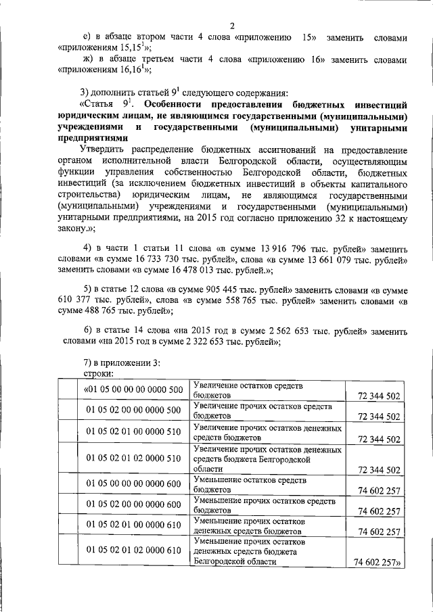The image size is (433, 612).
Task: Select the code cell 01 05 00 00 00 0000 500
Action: point(134,390)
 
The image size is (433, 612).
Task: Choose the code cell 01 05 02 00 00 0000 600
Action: point(134,504)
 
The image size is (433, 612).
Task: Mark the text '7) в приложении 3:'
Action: point(121,363)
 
